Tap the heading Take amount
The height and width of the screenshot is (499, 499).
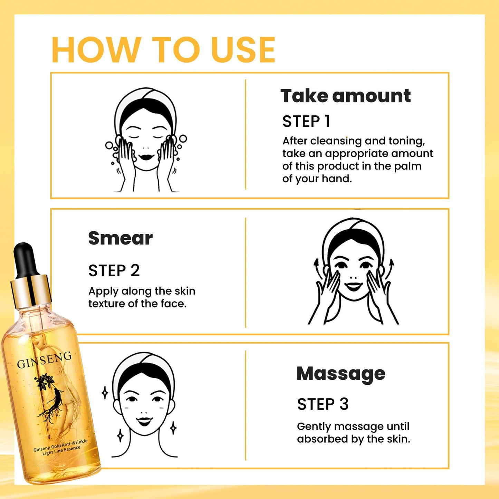[x=345, y=96]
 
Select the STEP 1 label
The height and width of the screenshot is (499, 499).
[x=306, y=122]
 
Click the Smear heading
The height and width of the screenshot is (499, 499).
[x=120, y=238]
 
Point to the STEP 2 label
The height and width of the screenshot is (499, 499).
[x=114, y=270]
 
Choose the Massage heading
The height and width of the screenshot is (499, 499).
[x=341, y=374]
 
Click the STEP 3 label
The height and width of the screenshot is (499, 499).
[x=323, y=404]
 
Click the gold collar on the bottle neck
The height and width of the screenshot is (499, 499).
[x=31, y=290]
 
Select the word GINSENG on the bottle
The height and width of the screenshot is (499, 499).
[x=44, y=360]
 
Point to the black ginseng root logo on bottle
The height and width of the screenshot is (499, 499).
[x=52, y=397]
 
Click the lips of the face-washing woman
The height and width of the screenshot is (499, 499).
[x=146, y=156]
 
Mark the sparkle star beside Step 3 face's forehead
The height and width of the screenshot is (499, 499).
[x=105, y=393]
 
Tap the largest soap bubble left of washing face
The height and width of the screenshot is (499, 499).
[x=109, y=145]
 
